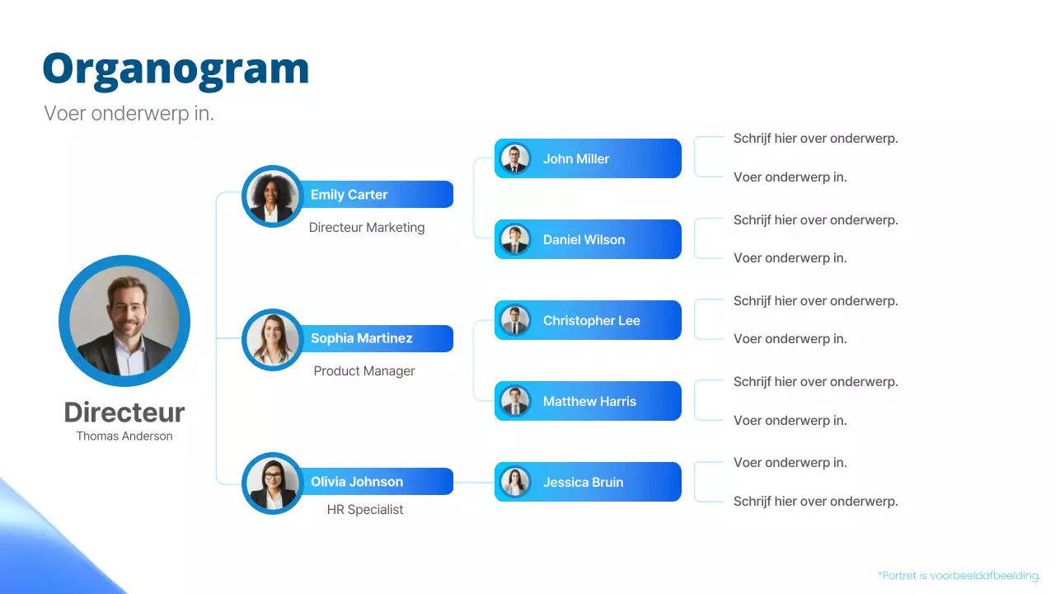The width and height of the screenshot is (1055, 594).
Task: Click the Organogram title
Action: (x=176, y=68)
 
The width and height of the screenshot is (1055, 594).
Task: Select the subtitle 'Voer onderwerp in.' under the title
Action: (x=129, y=114)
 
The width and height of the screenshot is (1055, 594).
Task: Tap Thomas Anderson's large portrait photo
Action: (x=124, y=321)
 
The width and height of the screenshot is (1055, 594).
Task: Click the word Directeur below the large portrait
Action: (x=124, y=412)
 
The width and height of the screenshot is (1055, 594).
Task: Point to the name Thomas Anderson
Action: (x=124, y=436)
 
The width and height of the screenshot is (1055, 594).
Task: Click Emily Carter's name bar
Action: (x=375, y=195)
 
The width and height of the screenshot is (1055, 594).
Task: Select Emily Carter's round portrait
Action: (x=272, y=196)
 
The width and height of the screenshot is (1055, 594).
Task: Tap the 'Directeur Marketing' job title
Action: (x=367, y=228)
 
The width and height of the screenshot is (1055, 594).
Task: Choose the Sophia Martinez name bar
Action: (x=375, y=338)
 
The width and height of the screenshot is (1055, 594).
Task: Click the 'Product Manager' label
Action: (x=364, y=371)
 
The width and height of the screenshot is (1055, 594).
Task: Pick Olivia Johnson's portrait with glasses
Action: (x=272, y=483)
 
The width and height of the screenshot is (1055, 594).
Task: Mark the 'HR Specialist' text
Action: (x=365, y=510)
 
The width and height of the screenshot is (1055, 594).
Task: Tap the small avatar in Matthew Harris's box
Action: (x=515, y=401)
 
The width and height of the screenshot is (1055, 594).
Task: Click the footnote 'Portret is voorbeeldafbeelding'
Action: (x=959, y=576)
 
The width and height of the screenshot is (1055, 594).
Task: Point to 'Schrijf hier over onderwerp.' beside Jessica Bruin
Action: (x=815, y=502)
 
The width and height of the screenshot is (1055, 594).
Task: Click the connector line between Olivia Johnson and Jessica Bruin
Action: (x=474, y=482)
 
